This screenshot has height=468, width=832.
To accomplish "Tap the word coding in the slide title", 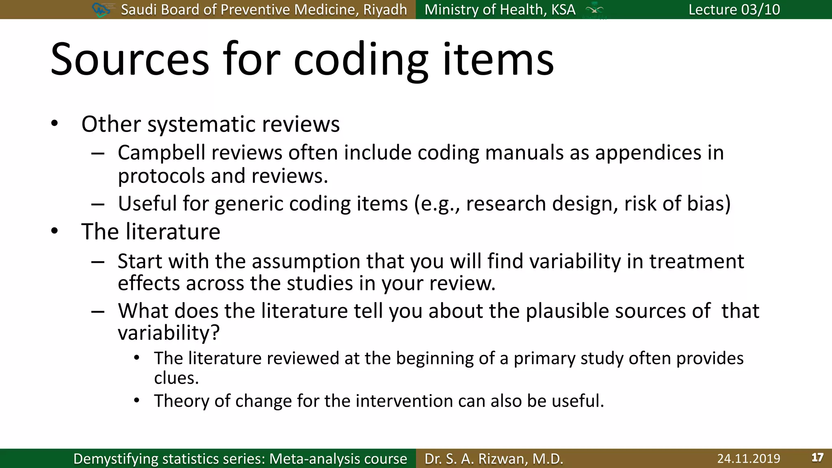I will click(x=361, y=60).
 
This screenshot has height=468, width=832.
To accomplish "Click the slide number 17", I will click(x=817, y=458).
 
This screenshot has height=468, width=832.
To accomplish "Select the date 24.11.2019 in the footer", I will click(x=748, y=459).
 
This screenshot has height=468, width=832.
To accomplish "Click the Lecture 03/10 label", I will click(x=734, y=9).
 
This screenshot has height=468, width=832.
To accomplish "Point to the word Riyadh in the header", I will click(x=385, y=9).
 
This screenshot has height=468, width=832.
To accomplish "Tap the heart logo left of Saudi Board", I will click(x=101, y=9).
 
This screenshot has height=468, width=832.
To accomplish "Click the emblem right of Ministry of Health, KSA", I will click(x=594, y=10).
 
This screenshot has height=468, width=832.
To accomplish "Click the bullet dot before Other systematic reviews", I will click(x=54, y=123).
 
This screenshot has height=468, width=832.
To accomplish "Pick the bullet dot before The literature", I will click(x=54, y=231).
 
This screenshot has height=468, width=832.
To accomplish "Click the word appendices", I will click(x=648, y=153).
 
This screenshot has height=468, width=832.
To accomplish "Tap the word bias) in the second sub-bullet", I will click(x=709, y=204).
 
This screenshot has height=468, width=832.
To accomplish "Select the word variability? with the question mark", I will click(x=169, y=333).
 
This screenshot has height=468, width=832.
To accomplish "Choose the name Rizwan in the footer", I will click(x=502, y=459).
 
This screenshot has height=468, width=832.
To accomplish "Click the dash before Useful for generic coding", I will click(x=98, y=204).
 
